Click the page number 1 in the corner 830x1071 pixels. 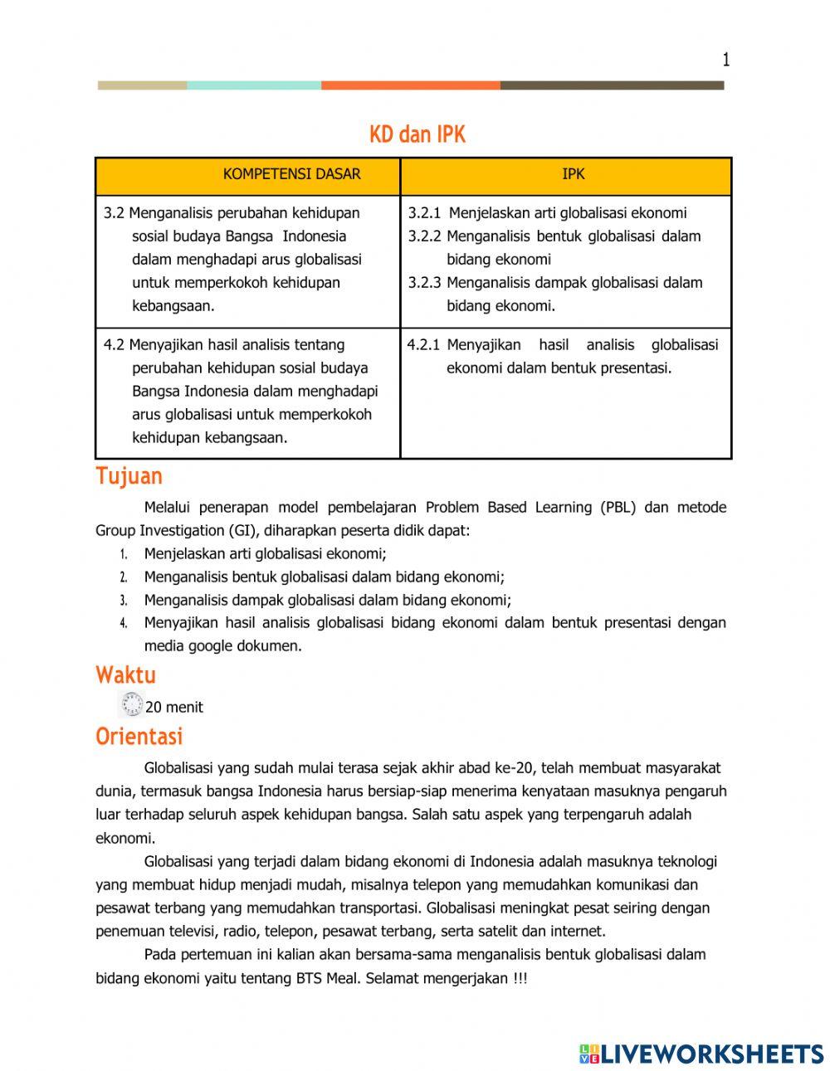(725, 60)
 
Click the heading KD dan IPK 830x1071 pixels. (417, 134)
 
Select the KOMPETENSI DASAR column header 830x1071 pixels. (291, 174)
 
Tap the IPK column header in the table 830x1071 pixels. (573, 174)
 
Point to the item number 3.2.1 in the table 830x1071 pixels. (424, 213)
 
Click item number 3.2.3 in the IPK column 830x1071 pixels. (424, 283)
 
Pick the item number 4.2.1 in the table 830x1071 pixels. (423, 345)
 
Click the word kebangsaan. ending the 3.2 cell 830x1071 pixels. (173, 306)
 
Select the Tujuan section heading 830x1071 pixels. (129, 476)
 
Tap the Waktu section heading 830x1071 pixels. (125, 674)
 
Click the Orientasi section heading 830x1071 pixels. (139, 736)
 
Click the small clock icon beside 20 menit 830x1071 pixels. (131, 705)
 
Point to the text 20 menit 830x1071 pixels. (174, 708)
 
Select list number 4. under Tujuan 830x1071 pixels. (123, 623)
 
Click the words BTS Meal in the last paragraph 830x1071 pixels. (328, 978)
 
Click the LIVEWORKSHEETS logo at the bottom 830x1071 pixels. (701, 1054)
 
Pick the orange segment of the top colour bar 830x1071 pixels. (410, 85)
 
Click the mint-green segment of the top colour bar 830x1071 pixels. (253, 85)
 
